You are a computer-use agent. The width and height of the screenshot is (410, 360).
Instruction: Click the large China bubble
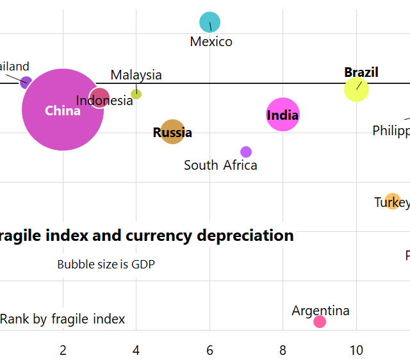pyautogui.click(x=62, y=110)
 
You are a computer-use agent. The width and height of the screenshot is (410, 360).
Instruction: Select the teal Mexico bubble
pyautogui.click(x=209, y=22)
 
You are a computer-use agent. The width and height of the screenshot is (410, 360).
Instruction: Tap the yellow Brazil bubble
pyautogui.click(x=356, y=89)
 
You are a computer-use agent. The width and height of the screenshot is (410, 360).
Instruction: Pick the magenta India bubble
pyautogui.click(x=283, y=115)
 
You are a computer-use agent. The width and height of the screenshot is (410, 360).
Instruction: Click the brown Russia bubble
pyautogui.click(x=172, y=131)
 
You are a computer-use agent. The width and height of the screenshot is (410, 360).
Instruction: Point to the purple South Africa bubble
pyautogui.click(x=246, y=152)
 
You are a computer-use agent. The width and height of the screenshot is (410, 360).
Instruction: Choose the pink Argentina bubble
pyautogui.click(x=320, y=322)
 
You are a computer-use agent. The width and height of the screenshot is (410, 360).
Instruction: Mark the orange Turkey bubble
pyautogui.click(x=393, y=201)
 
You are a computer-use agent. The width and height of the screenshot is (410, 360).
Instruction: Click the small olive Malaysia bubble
pyautogui.click(x=136, y=94)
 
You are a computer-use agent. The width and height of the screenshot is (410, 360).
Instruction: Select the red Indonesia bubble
pyautogui.click(x=99, y=98)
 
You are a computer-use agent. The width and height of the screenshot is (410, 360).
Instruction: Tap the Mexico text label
pyautogui.click(x=211, y=42)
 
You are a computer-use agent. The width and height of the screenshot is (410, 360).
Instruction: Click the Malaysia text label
pyautogui.click(x=136, y=75)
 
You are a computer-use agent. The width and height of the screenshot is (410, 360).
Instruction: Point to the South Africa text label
pyautogui.click(x=220, y=165)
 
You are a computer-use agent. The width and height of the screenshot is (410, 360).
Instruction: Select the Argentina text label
pyautogui.click(x=320, y=311)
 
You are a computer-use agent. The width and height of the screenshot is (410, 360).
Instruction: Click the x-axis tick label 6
pyautogui.click(x=209, y=350)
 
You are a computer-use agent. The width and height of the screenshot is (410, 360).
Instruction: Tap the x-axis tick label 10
pyautogui.click(x=356, y=350)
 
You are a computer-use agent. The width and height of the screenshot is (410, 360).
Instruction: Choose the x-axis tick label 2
pyautogui.click(x=63, y=350)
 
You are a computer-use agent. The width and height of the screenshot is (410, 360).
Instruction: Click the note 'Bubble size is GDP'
pyautogui.click(x=106, y=264)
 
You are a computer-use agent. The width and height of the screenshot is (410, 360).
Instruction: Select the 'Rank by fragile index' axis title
pyautogui.click(x=62, y=319)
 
